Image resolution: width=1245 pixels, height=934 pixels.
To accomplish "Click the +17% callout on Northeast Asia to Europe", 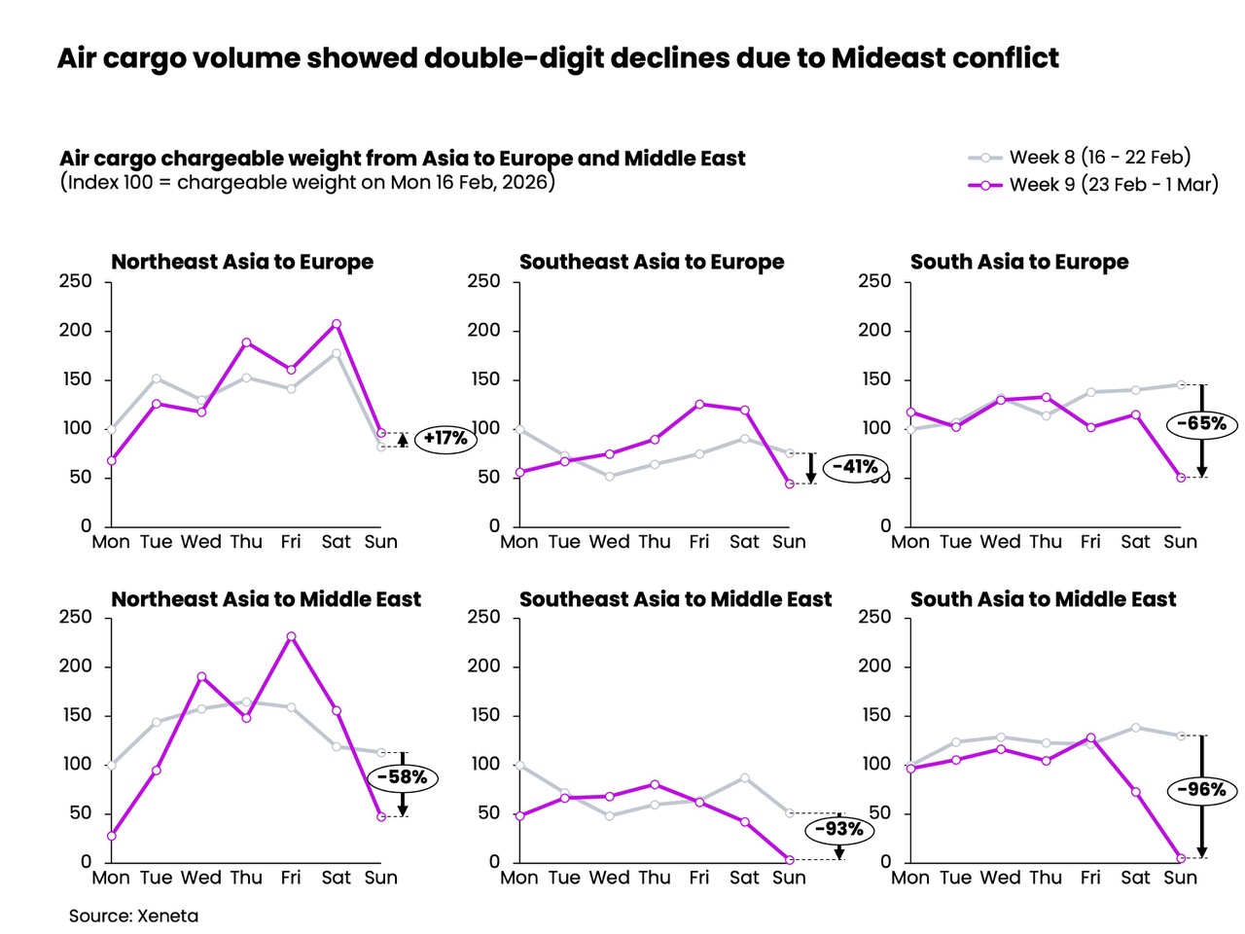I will (x=445, y=439).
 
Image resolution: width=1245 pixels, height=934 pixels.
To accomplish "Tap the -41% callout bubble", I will (x=855, y=467).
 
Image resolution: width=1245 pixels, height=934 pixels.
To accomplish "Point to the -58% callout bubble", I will (x=402, y=777).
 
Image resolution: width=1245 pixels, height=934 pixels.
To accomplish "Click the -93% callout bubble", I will (x=838, y=829).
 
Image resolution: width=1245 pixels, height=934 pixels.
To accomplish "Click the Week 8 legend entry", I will (x=1080, y=157).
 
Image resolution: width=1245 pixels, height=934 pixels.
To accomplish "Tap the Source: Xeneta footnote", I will (x=133, y=916).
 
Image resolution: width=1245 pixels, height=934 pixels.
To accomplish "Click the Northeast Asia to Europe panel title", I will (x=242, y=262).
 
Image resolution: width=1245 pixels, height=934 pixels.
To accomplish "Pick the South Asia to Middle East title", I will (x=1043, y=599).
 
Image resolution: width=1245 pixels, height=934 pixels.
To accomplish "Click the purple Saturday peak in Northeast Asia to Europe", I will (x=336, y=324).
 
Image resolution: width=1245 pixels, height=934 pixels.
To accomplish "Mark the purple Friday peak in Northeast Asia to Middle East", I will (x=291, y=636).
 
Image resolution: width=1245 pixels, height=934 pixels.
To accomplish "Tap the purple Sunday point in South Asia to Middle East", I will (x=1181, y=858).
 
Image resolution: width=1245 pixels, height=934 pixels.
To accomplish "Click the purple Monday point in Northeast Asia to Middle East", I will (x=112, y=836).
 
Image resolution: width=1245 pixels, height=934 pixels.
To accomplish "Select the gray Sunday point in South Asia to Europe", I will (x=1181, y=384).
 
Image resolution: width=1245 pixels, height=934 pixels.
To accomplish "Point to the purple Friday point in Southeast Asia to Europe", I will (x=699, y=404).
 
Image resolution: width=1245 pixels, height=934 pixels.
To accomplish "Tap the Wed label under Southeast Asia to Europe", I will (x=609, y=542).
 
